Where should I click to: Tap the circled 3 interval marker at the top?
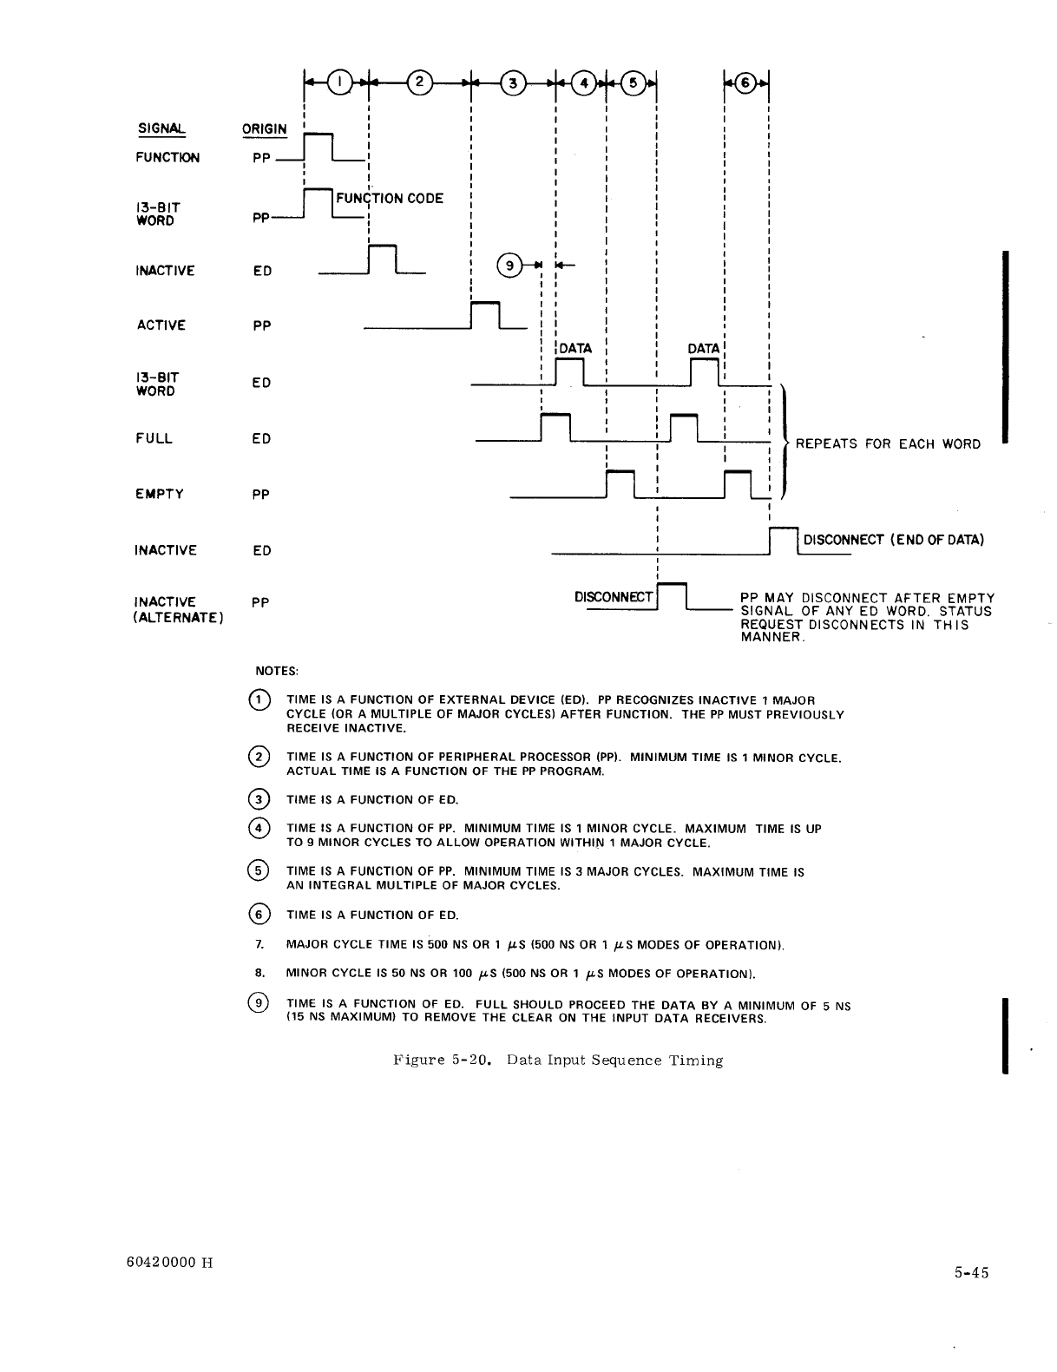(x=515, y=82)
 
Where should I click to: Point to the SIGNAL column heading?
(x=161, y=129)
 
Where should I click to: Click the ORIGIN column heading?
(x=264, y=129)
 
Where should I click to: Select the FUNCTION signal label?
(x=167, y=157)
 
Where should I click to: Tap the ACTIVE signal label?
(x=161, y=325)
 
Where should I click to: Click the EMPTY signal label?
(x=160, y=494)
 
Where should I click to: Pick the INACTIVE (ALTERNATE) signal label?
(x=179, y=609)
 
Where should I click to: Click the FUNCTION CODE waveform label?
(x=389, y=198)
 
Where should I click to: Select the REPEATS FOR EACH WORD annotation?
(x=888, y=444)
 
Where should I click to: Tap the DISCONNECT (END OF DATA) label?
(x=893, y=540)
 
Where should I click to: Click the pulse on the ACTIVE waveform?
(x=486, y=314)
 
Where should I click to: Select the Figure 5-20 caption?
(x=558, y=1060)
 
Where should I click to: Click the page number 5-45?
(x=971, y=1273)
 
